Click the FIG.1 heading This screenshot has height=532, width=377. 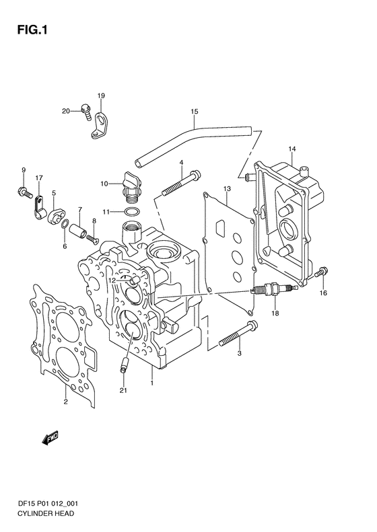tap(32, 30)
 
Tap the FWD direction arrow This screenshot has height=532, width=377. tap(50, 438)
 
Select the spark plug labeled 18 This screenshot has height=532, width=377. tap(274, 289)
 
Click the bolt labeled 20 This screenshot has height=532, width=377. tap(86, 112)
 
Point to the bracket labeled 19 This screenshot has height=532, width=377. tap(98, 125)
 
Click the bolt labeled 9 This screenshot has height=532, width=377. tap(24, 191)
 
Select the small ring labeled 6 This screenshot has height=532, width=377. tap(65, 224)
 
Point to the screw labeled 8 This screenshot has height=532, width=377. tap(92, 239)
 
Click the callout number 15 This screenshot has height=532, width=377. tap(195, 112)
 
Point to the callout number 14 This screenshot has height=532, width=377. tap(292, 149)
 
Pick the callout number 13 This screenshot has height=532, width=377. tap(227, 188)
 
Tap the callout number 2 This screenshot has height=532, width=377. tap(65, 402)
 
